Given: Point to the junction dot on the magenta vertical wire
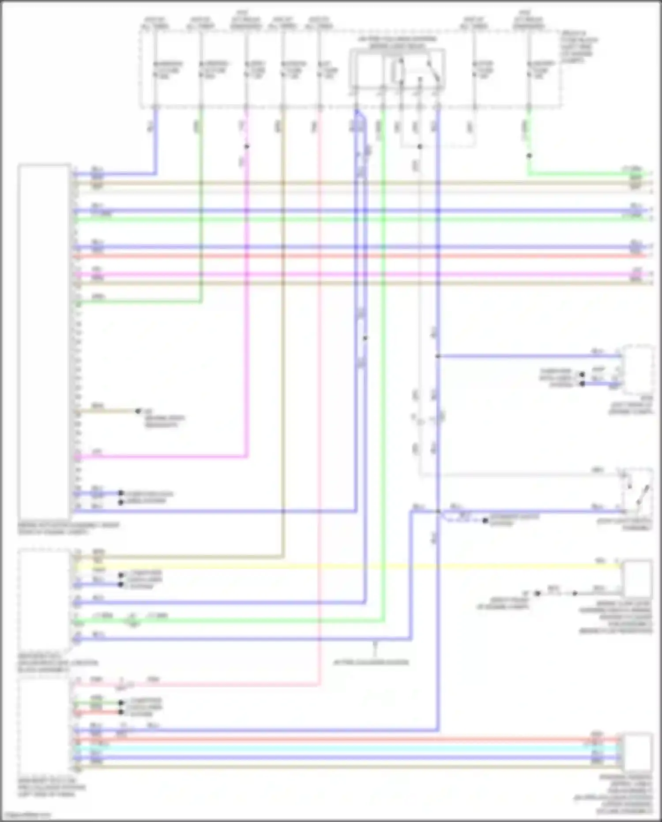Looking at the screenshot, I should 247,147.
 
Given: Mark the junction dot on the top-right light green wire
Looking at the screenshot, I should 529,156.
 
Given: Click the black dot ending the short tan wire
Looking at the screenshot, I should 138,411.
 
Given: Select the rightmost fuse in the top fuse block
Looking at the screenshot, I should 529,70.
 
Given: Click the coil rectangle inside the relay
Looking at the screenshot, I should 399,71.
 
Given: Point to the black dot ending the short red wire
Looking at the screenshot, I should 121,712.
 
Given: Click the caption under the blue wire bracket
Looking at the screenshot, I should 371,662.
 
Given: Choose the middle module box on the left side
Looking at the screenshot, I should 44,601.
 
